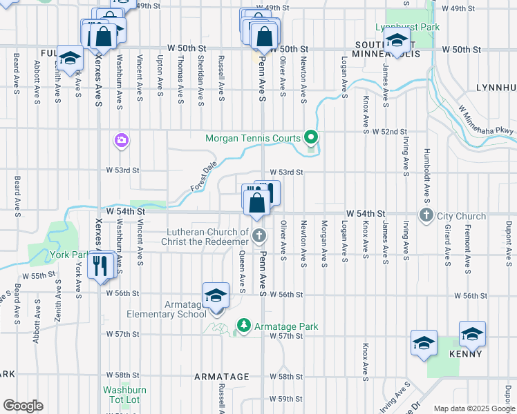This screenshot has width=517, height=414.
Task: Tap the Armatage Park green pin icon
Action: click(x=243, y=325)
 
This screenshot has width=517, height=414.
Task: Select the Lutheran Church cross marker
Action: click(x=258, y=237)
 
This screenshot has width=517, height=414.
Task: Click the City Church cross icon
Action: click(x=426, y=216)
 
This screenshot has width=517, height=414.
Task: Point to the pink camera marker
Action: click(x=122, y=141)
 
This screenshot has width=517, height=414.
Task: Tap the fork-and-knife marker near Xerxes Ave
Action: click(x=102, y=264)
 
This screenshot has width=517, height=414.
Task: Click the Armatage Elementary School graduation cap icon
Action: click(x=216, y=296)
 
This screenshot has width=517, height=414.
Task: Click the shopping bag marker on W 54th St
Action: click(x=256, y=202)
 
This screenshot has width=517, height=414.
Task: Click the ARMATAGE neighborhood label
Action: click(x=221, y=377)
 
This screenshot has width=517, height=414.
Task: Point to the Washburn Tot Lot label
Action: click(x=126, y=395)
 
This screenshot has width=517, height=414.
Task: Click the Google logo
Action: click(x=23, y=405)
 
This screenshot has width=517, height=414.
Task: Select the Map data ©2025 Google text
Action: click(x=474, y=408)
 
